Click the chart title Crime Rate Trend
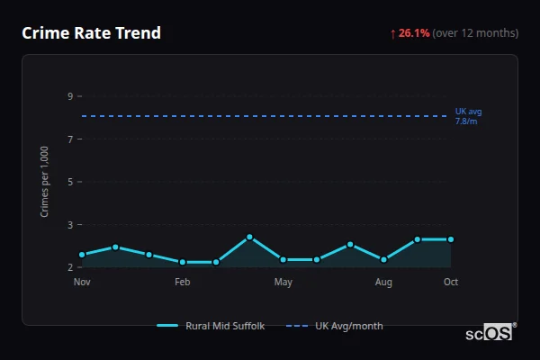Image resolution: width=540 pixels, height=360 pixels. click(x=91, y=33)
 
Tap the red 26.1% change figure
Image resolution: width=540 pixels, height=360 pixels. click(x=414, y=33)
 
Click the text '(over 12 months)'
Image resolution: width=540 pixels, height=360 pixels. click(x=475, y=33)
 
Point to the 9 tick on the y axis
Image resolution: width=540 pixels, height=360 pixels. click(x=69, y=96)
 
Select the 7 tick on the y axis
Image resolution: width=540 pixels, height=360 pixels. click(x=69, y=139)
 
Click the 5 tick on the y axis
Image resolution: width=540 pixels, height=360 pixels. click(x=69, y=182)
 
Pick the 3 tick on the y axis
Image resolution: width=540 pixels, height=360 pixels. click(x=69, y=224)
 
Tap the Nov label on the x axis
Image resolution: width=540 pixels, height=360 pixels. click(x=82, y=283)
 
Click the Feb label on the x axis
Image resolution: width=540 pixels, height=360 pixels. click(x=183, y=283)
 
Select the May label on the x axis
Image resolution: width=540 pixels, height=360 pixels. click(x=283, y=283)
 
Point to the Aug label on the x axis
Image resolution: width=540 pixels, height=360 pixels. click(x=383, y=283)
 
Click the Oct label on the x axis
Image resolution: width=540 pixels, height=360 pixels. click(x=451, y=283)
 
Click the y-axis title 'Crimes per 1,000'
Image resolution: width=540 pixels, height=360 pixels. click(x=45, y=182)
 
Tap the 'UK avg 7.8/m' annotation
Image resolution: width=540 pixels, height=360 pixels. click(x=468, y=116)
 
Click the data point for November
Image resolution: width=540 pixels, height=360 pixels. click(x=82, y=255)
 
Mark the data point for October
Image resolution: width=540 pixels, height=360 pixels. click(x=451, y=239)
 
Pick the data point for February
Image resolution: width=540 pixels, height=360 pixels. click(x=183, y=262)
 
